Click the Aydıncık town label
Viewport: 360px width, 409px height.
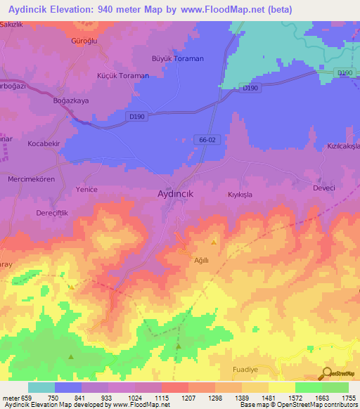181,193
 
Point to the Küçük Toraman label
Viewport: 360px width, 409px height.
122,75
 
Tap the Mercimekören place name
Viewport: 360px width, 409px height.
32,179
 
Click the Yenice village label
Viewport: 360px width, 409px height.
86,190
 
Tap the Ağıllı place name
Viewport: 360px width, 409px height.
202,259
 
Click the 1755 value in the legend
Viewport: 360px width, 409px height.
349,398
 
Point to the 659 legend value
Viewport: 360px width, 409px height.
26,398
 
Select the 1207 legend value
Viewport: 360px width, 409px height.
188,398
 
